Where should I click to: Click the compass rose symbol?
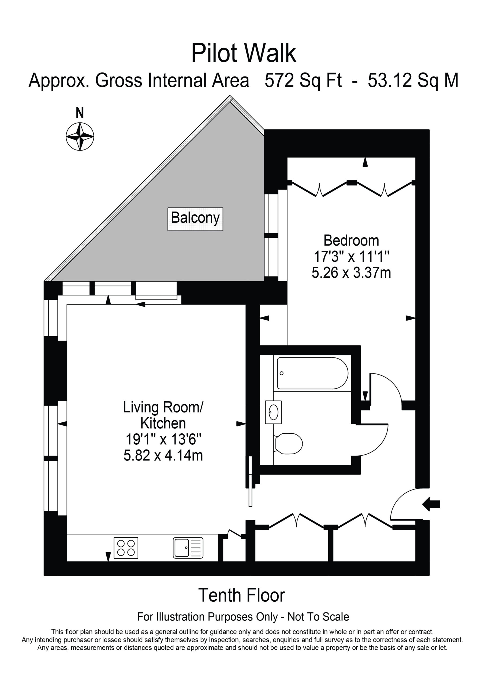tap(80, 136)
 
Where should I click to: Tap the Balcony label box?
tap(195, 219)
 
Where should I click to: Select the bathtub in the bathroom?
tap(312, 373)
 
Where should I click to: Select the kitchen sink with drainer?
tap(188, 548)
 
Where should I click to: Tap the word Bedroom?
tap(351, 240)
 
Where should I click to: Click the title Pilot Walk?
tap(244, 53)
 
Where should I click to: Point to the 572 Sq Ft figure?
tap(303, 81)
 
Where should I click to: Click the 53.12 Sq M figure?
tap(413, 81)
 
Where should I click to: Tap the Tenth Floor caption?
tap(242, 595)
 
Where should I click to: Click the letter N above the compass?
tap(80, 113)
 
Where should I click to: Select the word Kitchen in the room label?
tap(163, 423)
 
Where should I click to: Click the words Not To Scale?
tap(318, 617)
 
